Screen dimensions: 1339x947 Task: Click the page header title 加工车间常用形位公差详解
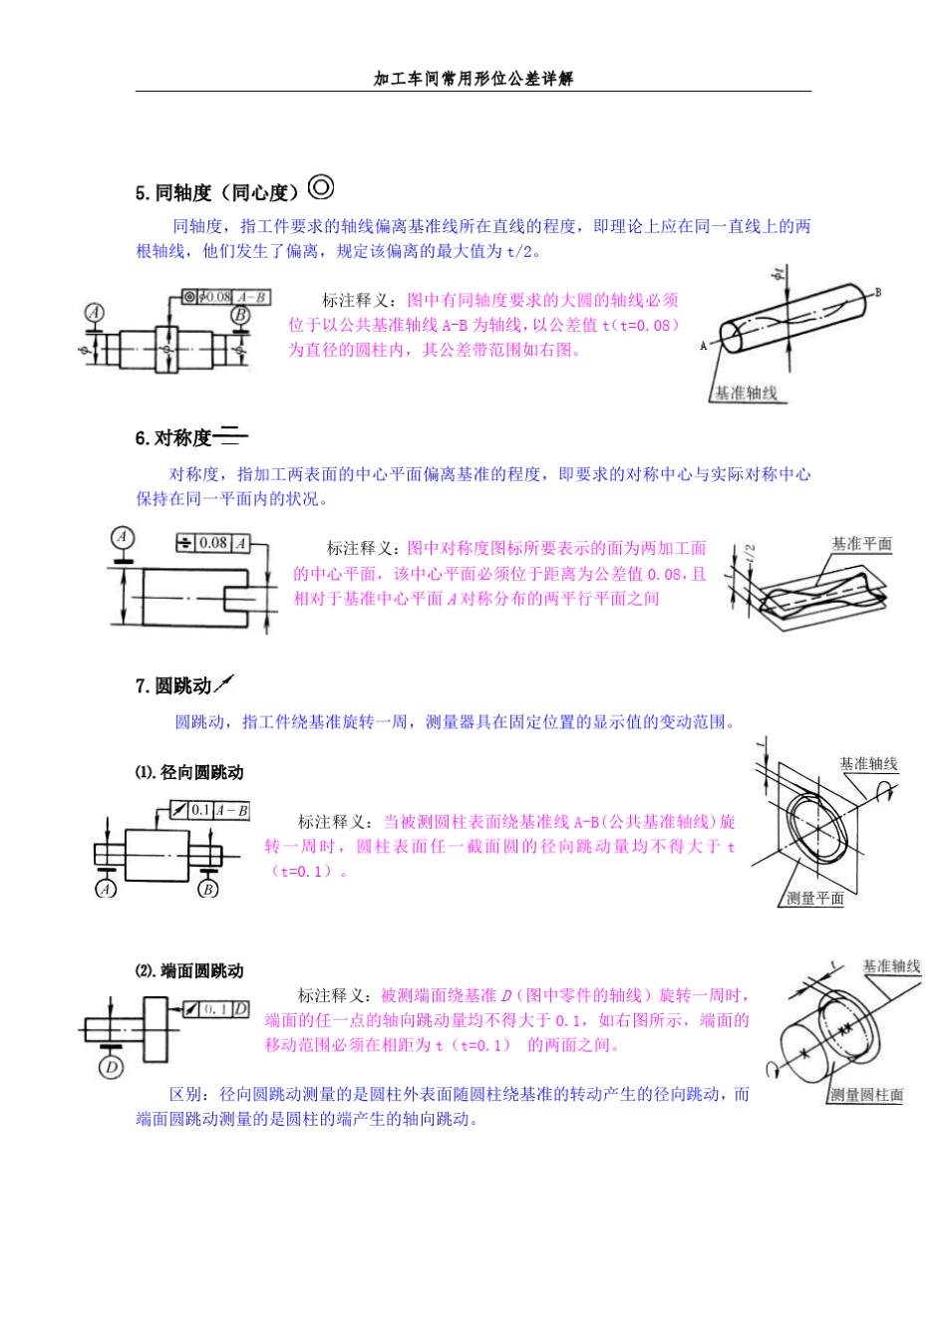click(473, 79)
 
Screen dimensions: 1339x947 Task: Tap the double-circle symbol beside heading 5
click(321, 187)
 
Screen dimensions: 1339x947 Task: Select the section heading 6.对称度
click(174, 438)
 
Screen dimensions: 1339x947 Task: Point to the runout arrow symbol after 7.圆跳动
click(224, 683)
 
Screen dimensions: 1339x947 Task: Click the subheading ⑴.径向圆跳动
click(189, 772)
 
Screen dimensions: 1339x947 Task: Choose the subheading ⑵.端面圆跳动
click(189, 970)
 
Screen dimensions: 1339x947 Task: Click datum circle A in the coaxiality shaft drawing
click(94, 314)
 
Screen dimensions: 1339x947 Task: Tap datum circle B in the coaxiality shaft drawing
click(240, 315)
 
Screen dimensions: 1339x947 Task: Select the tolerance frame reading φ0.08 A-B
click(226, 297)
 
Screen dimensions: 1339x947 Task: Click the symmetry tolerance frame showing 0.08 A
click(211, 543)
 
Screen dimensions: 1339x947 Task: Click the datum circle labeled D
click(111, 1068)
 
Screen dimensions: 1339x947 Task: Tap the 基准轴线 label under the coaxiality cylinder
click(746, 393)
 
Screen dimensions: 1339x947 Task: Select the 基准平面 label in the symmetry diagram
click(861, 544)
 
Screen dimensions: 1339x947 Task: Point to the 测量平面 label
click(814, 898)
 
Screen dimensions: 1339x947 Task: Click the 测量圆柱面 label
click(866, 1095)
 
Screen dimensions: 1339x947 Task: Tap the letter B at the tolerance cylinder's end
click(878, 292)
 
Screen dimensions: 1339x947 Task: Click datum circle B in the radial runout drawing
click(207, 889)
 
